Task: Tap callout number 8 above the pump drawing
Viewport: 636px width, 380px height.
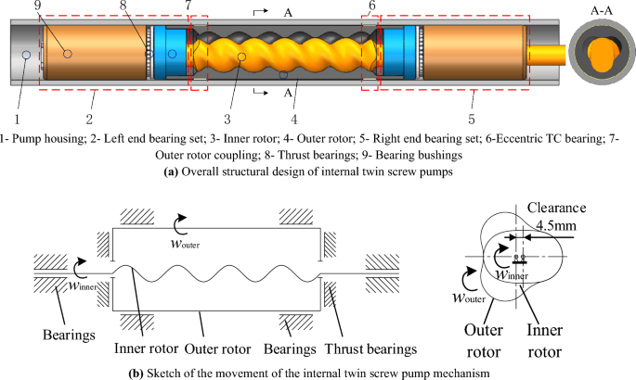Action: pyautogui.click(x=148, y=6)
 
